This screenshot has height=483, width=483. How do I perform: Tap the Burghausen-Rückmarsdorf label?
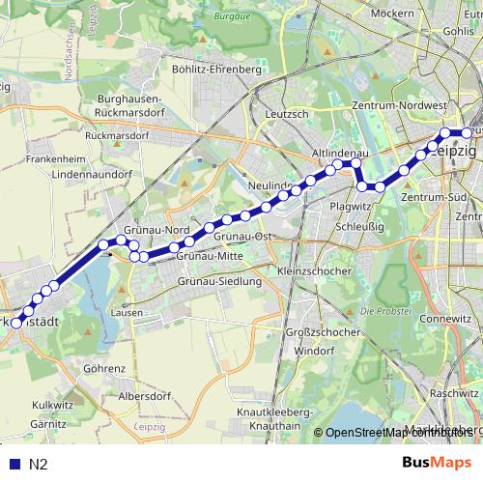tap(135, 105)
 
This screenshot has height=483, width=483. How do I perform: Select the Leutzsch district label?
tap(286, 113)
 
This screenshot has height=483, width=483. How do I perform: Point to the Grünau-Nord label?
tap(162, 230)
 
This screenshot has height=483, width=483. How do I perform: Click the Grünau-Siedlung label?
tap(220, 281)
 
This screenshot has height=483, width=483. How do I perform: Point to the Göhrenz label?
tap(104, 369)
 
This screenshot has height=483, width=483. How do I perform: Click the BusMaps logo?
tap(437, 464)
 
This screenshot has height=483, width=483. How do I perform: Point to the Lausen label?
tap(127, 313)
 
